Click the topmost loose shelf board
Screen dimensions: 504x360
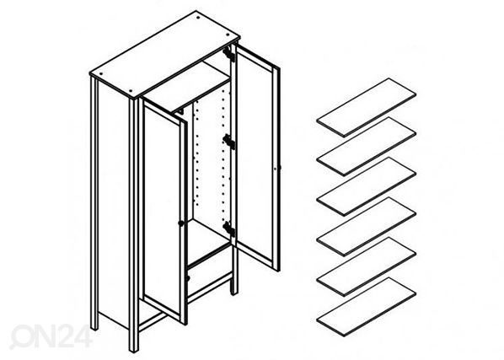[x=366, y=107]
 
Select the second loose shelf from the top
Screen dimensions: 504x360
[x=366, y=147]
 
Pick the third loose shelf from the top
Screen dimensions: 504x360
[x=366, y=186]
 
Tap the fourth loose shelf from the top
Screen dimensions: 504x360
[x=366, y=226]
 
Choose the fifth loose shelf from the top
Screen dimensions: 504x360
[x=366, y=266]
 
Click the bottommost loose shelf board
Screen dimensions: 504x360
[x=366, y=307]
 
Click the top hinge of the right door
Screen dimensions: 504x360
[x=229, y=54]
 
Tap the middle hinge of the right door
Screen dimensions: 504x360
[x=229, y=141]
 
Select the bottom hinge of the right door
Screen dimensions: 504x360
[x=229, y=228]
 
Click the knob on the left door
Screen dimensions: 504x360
[x=181, y=223]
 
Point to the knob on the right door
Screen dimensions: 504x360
[x=278, y=168]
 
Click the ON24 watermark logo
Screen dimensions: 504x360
[x=51, y=336]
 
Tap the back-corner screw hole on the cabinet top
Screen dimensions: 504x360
[x=198, y=18]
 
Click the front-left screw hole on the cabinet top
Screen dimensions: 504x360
[x=130, y=90]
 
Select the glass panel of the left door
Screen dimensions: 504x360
[x=162, y=209]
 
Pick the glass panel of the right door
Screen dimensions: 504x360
[x=255, y=158]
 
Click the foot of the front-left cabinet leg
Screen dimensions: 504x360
[x=134, y=348]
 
